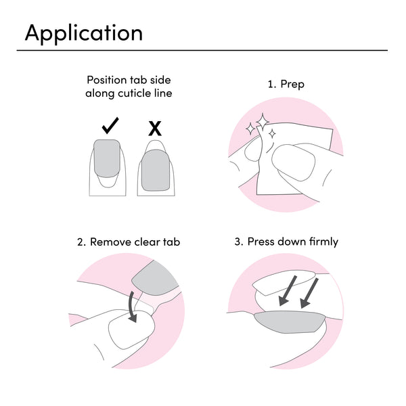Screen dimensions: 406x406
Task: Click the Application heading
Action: (x=83, y=32)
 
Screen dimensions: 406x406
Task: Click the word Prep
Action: (x=292, y=85)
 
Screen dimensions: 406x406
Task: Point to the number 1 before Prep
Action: (x=271, y=85)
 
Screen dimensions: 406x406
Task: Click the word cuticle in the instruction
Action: (x=134, y=93)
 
